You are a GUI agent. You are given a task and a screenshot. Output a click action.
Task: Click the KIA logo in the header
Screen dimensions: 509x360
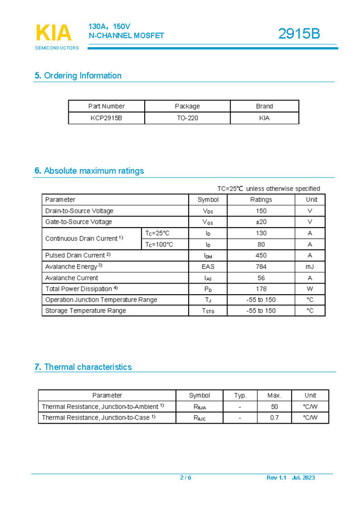click(54, 33)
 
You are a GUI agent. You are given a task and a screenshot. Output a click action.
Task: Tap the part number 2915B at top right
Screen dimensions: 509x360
click(299, 34)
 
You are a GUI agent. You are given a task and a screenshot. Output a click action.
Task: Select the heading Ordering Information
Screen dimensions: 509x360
click(78, 75)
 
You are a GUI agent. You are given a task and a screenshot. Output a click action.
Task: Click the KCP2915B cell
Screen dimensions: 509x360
click(107, 118)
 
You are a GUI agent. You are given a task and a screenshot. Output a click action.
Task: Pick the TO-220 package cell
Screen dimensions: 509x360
click(187, 118)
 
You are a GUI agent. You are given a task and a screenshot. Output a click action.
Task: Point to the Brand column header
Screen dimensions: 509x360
click(264, 106)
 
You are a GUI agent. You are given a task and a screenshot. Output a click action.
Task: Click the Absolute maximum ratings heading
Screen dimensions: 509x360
click(89, 170)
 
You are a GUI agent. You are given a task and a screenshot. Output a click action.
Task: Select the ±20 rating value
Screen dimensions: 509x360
click(261, 222)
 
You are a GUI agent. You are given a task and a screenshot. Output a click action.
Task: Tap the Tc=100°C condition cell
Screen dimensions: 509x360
click(159, 244)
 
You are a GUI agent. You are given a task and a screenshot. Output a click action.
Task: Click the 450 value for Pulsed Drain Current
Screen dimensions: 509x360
click(261, 255)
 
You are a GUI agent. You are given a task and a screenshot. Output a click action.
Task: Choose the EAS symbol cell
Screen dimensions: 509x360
click(208, 266)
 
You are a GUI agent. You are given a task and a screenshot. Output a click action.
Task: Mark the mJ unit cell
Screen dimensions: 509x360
click(310, 266)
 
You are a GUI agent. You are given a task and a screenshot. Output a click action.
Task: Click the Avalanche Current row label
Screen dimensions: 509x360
click(72, 278)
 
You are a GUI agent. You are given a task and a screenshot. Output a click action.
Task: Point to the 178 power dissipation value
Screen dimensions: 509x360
click(261, 289)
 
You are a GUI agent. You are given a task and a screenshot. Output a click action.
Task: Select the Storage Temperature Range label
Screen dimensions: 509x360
click(85, 311)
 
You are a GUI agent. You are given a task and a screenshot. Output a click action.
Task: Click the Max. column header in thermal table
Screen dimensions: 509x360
click(275, 395)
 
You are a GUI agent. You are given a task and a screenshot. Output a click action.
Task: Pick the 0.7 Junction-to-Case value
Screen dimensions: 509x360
click(275, 417)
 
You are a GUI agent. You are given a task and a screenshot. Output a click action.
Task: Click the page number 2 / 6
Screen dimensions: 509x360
click(185, 478)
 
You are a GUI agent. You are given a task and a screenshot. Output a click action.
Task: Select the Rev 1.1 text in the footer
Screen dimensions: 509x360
click(276, 478)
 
